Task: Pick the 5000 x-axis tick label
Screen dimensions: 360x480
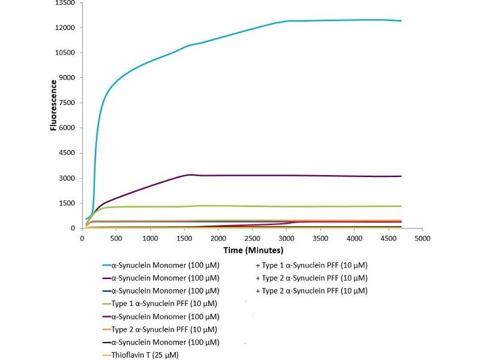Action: [x=422, y=238]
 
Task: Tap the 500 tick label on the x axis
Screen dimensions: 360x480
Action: [x=116, y=238]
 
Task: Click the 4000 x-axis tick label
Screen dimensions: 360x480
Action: [x=355, y=238]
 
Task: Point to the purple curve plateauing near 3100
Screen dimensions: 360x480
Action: [x=300, y=175]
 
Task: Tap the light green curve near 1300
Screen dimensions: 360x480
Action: [x=300, y=206]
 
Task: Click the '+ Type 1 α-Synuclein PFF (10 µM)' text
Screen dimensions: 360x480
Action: [x=311, y=265]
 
